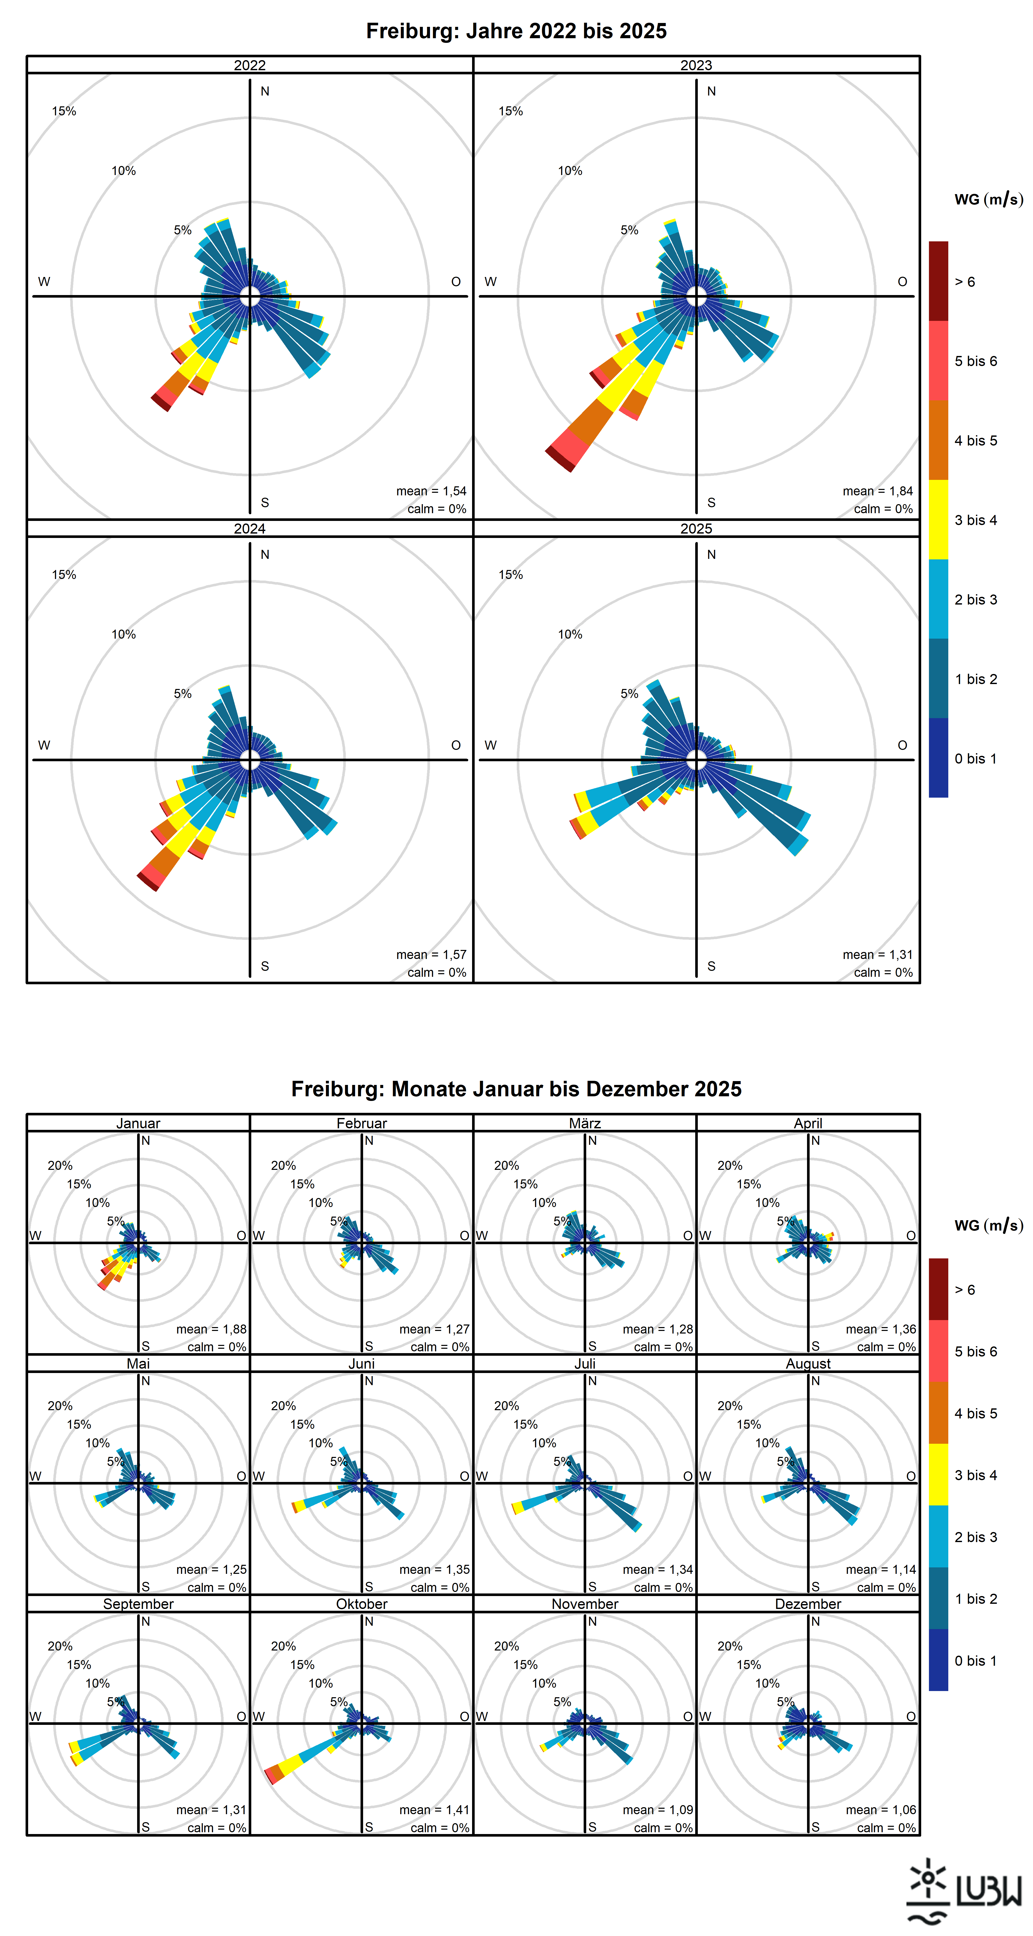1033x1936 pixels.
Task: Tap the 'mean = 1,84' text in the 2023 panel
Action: tap(877, 491)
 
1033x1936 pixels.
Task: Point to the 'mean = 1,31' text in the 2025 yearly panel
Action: tap(877, 955)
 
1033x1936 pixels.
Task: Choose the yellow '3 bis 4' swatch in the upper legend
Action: tap(938, 519)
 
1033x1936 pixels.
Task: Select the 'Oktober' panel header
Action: tap(362, 1604)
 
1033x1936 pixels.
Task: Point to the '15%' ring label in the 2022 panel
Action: tap(64, 111)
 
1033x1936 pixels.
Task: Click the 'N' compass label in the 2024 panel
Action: tap(265, 555)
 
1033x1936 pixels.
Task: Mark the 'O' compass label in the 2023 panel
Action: tap(902, 282)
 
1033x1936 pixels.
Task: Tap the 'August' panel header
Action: tap(808, 1363)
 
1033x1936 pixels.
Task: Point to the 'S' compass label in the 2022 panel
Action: tap(265, 503)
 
